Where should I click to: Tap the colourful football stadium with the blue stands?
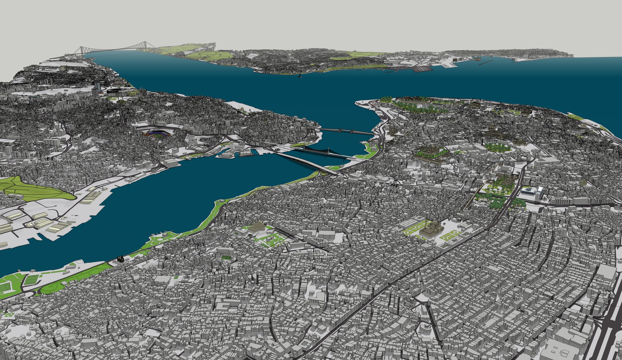click(x=157, y=134)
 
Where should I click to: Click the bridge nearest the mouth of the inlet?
click(x=346, y=131)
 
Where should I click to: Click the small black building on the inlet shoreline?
click(x=120, y=260)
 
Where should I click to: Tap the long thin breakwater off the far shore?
click(x=486, y=62)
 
